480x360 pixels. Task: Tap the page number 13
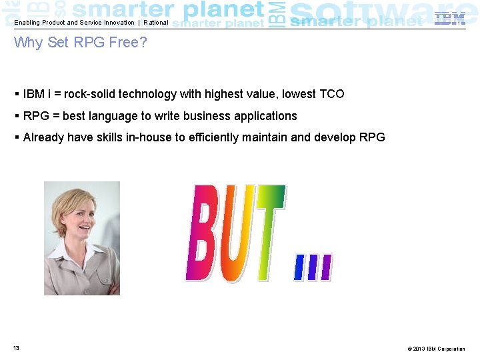[x=15, y=349]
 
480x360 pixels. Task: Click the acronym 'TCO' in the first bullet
[x=331, y=94]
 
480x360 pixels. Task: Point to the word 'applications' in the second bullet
[x=265, y=116]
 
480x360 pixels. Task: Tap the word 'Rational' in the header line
[x=156, y=23]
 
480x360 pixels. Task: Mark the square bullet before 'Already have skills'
[x=16, y=138]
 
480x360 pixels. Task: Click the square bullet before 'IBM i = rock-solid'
[x=16, y=94]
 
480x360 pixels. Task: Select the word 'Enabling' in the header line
[x=27, y=23]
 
